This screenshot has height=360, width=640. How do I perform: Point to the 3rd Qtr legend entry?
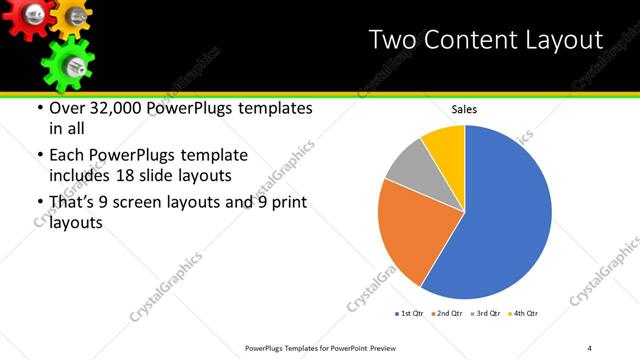(485, 314)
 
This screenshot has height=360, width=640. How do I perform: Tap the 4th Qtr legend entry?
(525, 314)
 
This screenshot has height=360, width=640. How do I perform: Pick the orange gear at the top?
(72, 15)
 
